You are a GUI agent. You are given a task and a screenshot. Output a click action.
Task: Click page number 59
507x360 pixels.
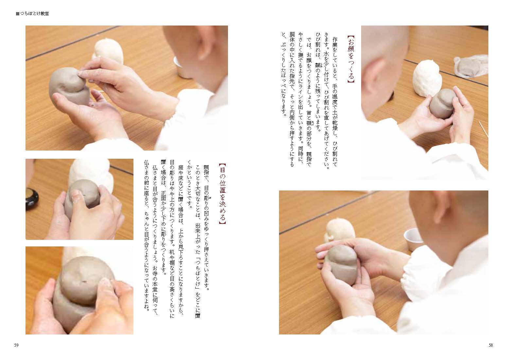(16, 345)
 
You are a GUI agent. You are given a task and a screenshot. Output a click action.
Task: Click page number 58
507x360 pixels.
(491, 345)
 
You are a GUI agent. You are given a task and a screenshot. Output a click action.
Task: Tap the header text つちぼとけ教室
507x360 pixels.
(34, 14)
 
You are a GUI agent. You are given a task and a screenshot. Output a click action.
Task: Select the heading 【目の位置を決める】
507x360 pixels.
(222, 194)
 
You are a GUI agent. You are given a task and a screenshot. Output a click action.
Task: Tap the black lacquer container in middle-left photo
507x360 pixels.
(32, 199)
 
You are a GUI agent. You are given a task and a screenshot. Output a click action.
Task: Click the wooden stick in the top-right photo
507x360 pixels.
(483, 129)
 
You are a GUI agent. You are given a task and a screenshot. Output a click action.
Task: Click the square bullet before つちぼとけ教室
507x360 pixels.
(18, 14)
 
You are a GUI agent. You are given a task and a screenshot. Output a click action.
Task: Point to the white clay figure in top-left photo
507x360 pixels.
(109, 51)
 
